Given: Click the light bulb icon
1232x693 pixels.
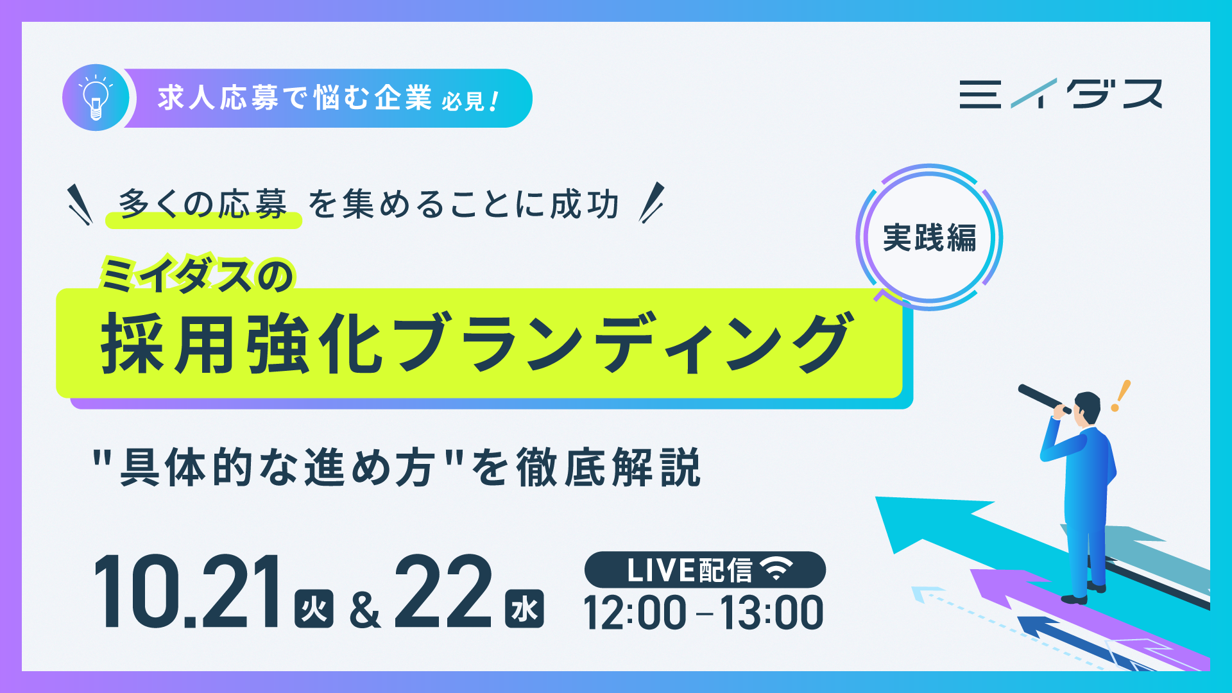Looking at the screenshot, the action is tap(96, 98).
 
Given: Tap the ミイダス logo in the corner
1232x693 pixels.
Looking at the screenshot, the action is tap(1061, 94).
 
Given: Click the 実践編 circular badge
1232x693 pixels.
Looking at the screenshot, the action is tap(929, 237).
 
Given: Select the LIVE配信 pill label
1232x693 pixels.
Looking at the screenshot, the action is tap(705, 570).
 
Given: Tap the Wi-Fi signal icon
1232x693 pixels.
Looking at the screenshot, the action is tap(776, 569).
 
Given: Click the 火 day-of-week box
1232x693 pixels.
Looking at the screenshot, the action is tap(314, 608).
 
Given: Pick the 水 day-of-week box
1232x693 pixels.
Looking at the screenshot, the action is tap(524, 608).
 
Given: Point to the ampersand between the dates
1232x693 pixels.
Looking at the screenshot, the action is tap(365, 610).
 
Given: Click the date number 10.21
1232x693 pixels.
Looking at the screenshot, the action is tap(187, 592).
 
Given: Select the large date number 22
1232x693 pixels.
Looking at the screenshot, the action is tap(443, 592).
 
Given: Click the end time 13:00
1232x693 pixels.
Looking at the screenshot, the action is tap(771, 613).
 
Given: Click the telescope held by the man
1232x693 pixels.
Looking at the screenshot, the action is tap(1044, 398).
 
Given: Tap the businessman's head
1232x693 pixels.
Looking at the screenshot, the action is tap(1087, 408).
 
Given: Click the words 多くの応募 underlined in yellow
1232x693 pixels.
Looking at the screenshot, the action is tap(203, 205).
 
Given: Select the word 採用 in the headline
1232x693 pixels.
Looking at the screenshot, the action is tap(167, 343).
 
